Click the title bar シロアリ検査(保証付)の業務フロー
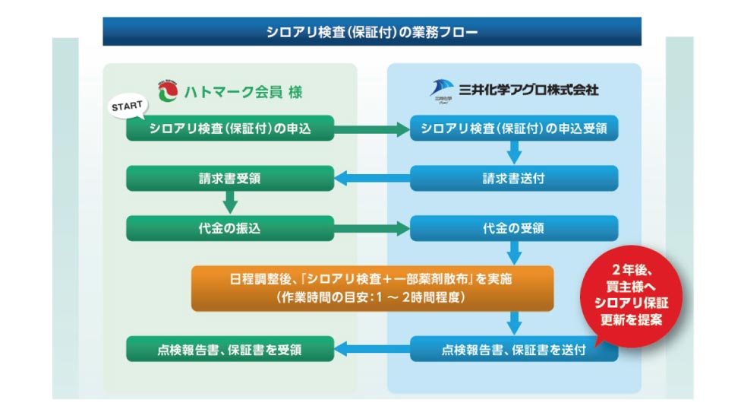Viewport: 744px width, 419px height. click(372, 32)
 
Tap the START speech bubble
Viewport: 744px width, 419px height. click(127, 107)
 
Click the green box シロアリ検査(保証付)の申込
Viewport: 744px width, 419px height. click(230, 129)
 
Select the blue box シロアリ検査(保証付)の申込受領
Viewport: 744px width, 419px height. click(514, 129)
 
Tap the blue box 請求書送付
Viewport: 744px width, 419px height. click(514, 179)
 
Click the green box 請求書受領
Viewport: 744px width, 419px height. click(230, 179)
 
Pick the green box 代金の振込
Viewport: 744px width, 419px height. click(230, 228)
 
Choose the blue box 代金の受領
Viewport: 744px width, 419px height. click(514, 228)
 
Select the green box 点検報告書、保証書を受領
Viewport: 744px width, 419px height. click(230, 350)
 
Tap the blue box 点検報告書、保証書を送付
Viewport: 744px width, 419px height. click(514, 350)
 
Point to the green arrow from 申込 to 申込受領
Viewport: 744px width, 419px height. click(372, 129)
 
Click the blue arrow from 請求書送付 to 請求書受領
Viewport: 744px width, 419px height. click(372, 179)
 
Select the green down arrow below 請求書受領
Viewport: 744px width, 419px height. click(230, 203)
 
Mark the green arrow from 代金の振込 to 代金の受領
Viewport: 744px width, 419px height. click(372, 228)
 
